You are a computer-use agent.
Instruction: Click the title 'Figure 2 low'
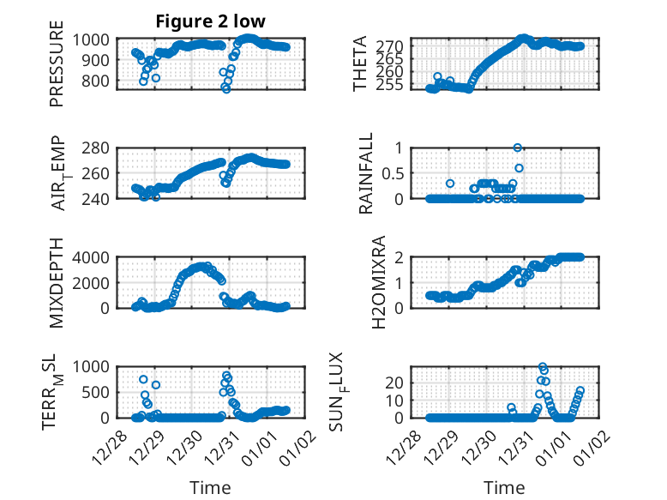pos(210,21)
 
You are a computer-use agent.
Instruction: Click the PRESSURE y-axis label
pos(57,69)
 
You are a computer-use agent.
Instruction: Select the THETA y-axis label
pos(361,64)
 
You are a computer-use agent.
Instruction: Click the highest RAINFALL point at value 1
pos(518,148)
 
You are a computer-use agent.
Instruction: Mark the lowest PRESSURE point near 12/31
pos(226,88)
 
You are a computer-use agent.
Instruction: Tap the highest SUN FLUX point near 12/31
pos(542,366)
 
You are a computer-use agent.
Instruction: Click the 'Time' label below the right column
pos(505,488)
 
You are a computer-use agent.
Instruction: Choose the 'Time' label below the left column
pos(210,488)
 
